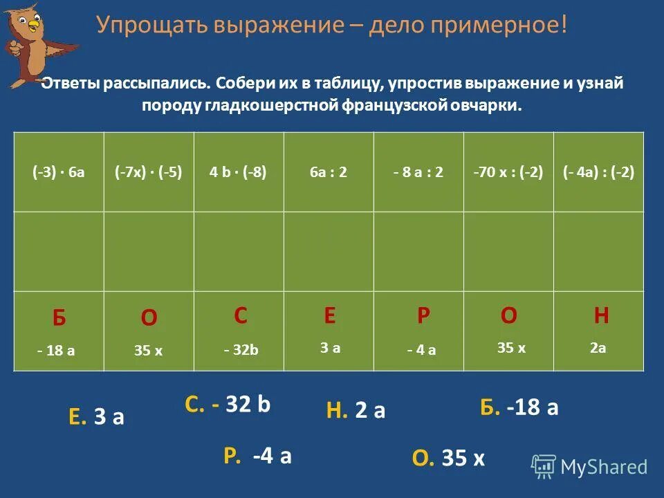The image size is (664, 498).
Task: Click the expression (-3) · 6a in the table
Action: pyautogui.click(x=59, y=172)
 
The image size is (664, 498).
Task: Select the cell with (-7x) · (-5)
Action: pyautogui.click(x=149, y=172)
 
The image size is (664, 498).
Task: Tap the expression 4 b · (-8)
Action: pyautogui.click(x=238, y=172)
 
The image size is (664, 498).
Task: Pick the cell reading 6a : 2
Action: pyautogui.click(x=329, y=172)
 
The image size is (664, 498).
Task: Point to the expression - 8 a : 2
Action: pyautogui.click(x=418, y=172)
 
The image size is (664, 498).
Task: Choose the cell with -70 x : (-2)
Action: pyautogui.click(x=508, y=172)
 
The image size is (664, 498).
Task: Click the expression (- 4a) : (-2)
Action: pyautogui.click(x=599, y=172)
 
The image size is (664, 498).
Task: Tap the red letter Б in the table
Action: pyautogui.click(x=59, y=319)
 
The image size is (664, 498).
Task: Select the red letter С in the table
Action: pyautogui.click(x=241, y=316)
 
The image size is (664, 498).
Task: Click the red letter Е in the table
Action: pyautogui.click(x=330, y=316)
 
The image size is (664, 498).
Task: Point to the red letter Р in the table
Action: pyautogui.click(x=423, y=316)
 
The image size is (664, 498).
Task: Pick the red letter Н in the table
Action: pyautogui.click(x=601, y=316)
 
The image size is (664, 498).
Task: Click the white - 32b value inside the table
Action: pyautogui.click(x=241, y=351)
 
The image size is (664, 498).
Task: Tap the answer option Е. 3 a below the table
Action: pyautogui.click(x=96, y=416)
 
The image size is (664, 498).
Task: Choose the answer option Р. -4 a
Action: pyautogui.click(x=257, y=456)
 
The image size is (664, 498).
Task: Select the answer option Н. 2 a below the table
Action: pyautogui.click(x=356, y=412)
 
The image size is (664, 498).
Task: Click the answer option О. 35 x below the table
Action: pyautogui.click(x=448, y=458)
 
